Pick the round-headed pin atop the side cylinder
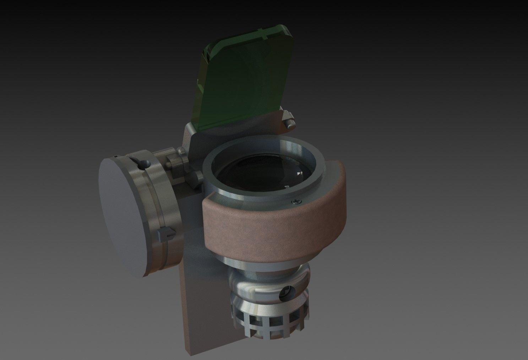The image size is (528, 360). click(144, 163)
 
